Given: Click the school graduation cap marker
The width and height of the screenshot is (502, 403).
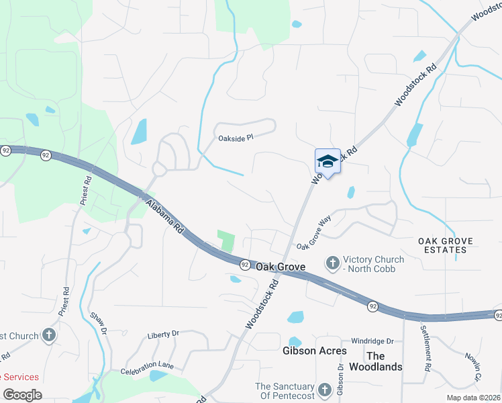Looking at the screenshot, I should click(328, 161).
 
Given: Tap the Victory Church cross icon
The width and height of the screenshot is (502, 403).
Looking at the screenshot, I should click(332, 264).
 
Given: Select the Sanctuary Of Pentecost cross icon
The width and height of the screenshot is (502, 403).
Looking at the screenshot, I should click(325, 390).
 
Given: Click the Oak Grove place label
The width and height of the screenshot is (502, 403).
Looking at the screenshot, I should click(280, 267).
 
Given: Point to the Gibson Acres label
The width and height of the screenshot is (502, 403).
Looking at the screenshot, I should click(315, 351).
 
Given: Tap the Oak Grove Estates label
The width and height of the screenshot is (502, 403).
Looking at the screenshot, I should click(446, 245).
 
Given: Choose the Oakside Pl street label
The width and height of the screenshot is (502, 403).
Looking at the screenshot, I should click(236, 138).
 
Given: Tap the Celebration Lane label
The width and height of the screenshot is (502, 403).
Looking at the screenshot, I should click(147, 368).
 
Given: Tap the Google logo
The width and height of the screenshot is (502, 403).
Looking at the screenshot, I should click(23, 395).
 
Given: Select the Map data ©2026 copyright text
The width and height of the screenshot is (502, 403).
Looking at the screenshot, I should click(469, 398).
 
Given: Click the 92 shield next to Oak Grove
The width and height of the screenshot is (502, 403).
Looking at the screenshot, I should click(246, 265).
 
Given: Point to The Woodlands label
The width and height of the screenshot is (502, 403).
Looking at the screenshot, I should click(385, 361).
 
